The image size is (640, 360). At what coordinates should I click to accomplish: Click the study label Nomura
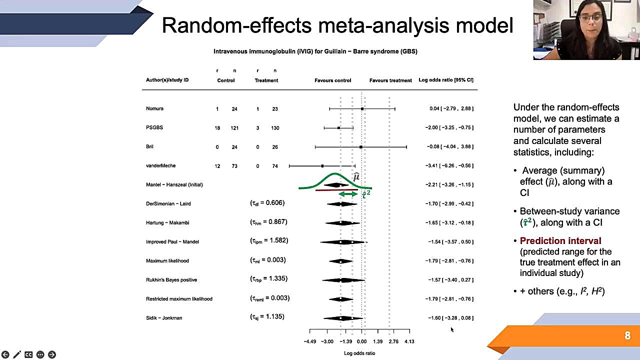click(154, 108)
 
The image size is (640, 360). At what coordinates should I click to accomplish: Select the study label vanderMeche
click(160, 165)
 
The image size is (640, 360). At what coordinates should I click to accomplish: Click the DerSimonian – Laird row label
click(168, 203)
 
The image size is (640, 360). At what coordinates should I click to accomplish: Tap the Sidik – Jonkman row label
click(164, 318)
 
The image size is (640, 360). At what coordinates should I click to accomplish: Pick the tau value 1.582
click(269, 241)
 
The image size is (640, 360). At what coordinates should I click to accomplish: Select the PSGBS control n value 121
click(234, 128)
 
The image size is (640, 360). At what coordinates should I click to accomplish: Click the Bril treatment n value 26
click(274, 147)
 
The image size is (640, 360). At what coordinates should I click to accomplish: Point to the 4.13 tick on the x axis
click(409, 341)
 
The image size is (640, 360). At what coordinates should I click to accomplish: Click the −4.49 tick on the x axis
click(310, 341)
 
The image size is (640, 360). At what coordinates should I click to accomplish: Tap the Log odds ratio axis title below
click(359, 353)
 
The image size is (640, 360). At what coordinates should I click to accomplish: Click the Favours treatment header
click(390, 80)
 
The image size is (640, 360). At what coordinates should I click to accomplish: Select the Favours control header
click(332, 80)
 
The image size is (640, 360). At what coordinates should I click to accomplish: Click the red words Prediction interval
click(560, 241)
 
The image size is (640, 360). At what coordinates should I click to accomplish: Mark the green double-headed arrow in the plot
click(348, 194)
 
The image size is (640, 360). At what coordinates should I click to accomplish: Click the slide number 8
click(627, 336)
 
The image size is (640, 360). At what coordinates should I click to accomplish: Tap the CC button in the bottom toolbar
click(28, 354)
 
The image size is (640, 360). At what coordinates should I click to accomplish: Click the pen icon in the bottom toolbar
click(17, 354)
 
